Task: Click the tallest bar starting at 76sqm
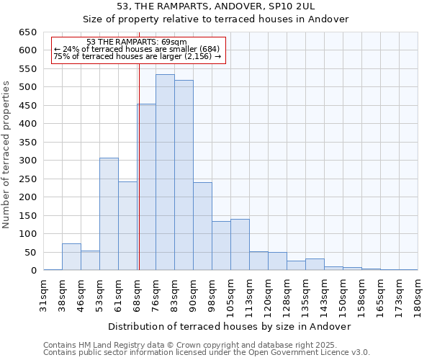(x=165, y=173)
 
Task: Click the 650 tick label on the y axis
(x=27, y=32)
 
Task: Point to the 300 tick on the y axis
(x=27, y=161)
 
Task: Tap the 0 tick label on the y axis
(x=33, y=271)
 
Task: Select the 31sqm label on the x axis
(x=44, y=294)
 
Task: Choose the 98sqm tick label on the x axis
(x=212, y=294)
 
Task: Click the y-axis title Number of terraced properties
(x=7, y=155)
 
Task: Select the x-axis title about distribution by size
(x=230, y=326)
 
